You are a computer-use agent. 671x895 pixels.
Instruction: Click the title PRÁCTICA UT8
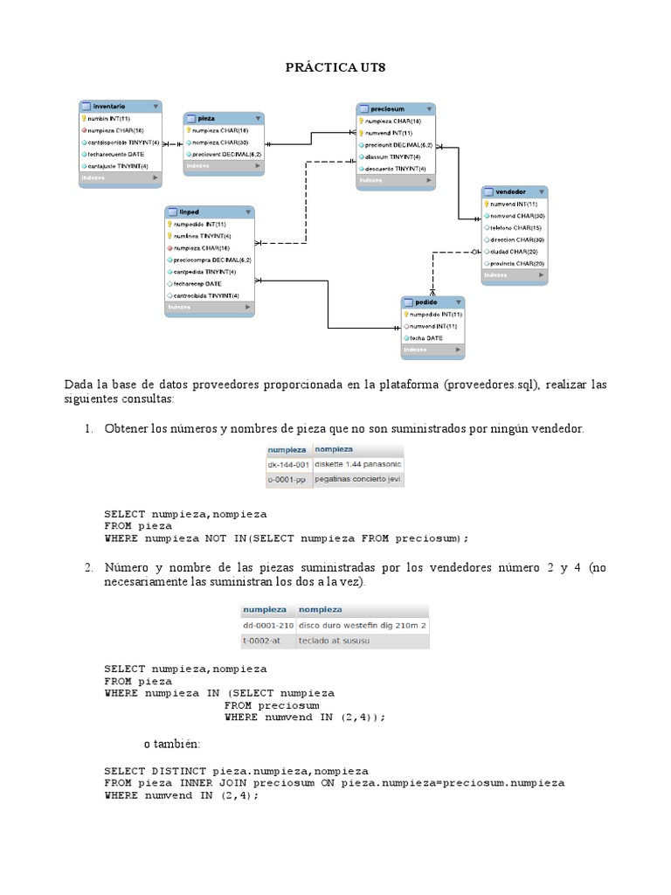coord(335,67)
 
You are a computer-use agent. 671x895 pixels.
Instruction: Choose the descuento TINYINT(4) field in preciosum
coord(395,168)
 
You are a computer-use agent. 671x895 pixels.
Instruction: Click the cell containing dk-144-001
coord(288,464)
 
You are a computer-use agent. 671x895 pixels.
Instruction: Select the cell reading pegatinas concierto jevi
coord(357,480)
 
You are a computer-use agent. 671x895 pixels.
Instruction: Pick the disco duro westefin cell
coord(362,625)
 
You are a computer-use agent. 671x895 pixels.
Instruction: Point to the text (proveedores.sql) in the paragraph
coord(491,385)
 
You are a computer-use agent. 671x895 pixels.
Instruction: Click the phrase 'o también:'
coord(172,744)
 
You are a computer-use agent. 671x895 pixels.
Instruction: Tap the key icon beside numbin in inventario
coord(83,118)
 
